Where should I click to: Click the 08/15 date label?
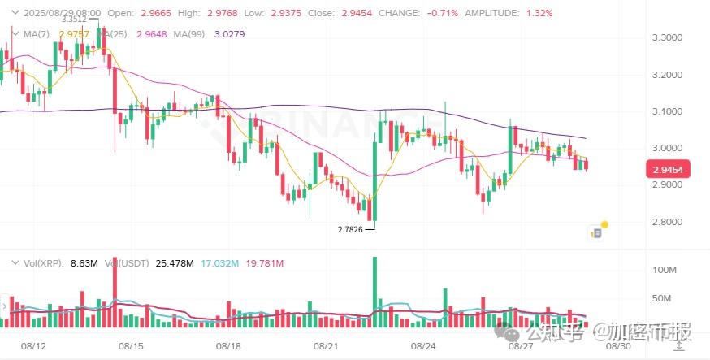click(131, 345)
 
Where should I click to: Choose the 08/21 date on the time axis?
click(326, 345)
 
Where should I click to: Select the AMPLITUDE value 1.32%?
click(539, 13)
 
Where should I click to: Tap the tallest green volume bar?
click(374, 293)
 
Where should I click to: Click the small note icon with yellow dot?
click(596, 233)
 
